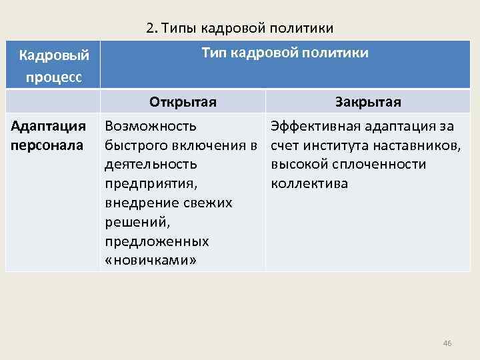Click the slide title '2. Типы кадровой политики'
(239, 28)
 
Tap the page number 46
(447, 343)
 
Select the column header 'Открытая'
(183, 102)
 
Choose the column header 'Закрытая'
(368, 102)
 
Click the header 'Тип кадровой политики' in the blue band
(285, 53)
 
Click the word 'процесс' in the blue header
(55, 77)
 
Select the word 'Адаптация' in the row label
(48, 126)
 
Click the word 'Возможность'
(151, 126)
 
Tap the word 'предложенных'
(157, 241)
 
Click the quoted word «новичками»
(151, 260)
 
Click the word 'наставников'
(421, 145)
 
